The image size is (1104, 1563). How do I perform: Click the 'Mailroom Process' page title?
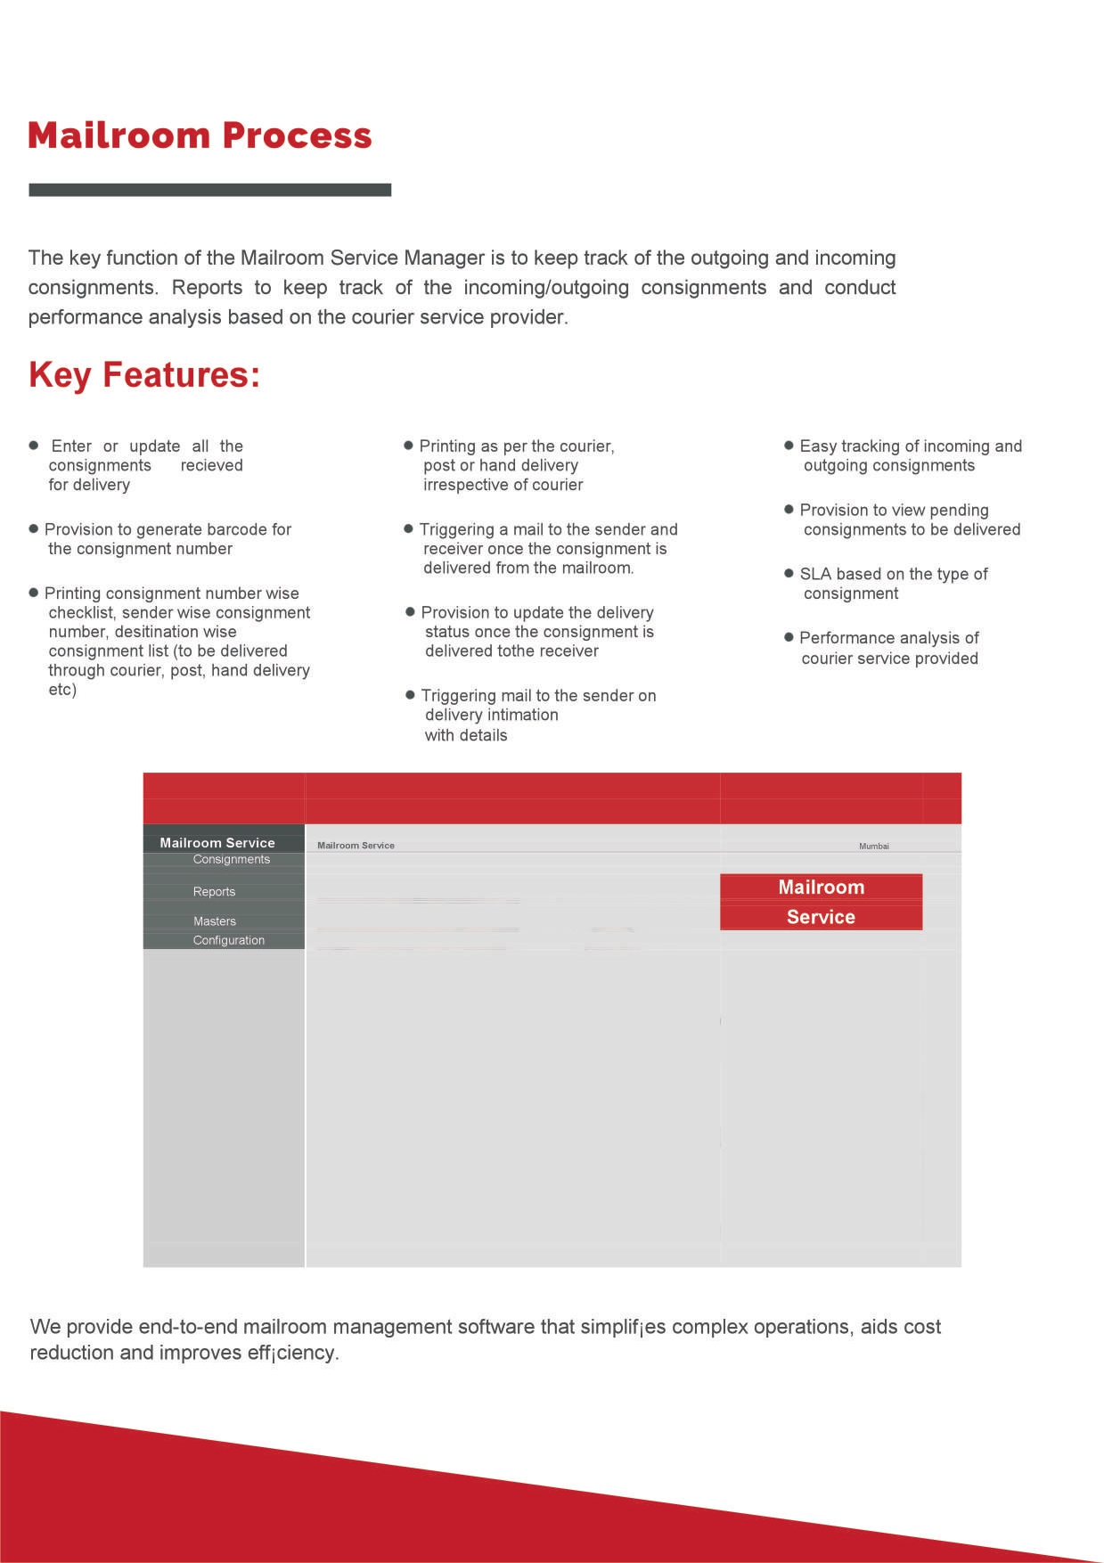[200, 135]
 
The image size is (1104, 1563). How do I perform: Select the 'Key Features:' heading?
[144, 375]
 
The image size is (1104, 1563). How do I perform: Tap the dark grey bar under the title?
[210, 190]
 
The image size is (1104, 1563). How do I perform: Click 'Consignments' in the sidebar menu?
[232, 859]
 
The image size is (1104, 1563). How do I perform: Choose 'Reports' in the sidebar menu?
[214, 891]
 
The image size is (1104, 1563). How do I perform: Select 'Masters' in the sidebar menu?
[215, 921]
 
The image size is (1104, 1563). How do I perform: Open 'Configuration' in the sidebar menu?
[229, 940]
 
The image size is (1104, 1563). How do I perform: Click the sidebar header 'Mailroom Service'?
[217, 842]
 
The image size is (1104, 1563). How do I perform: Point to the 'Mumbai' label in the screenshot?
[874, 846]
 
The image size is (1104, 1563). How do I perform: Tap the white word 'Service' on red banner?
[821, 917]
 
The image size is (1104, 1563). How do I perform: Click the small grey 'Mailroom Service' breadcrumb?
[356, 845]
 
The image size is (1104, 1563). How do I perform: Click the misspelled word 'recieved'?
[211, 465]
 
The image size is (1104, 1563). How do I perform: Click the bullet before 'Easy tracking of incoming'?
[789, 445]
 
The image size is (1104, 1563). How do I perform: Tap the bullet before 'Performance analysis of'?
[789, 637]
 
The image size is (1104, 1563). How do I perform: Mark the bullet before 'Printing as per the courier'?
[409, 445]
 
